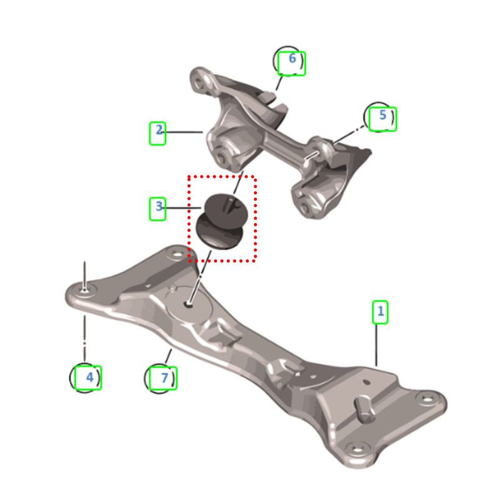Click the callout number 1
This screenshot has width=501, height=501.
(x=380, y=311)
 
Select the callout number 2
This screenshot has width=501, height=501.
(x=159, y=130)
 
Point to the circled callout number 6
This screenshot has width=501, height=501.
(x=289, y=61)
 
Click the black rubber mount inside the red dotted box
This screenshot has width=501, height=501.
(x=220, y=221)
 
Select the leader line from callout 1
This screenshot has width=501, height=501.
(x=376, y=344)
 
